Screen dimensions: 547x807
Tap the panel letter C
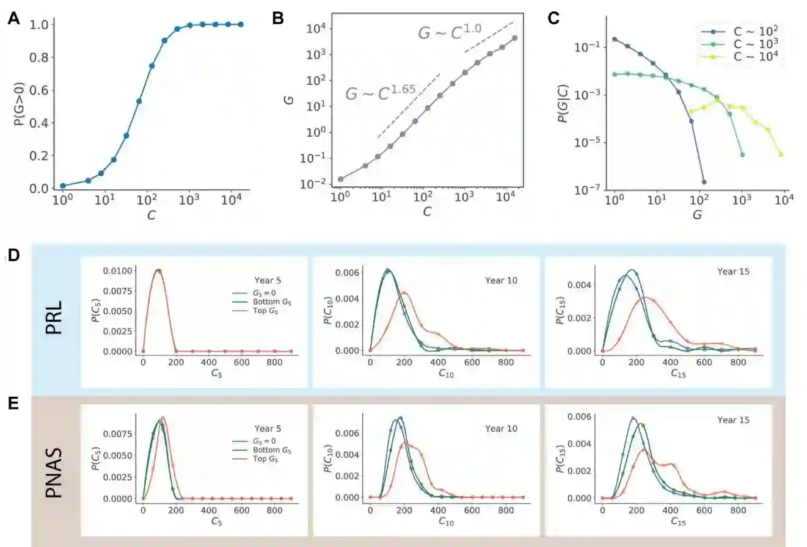(553, 18)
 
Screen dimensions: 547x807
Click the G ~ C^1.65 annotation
(381, 93)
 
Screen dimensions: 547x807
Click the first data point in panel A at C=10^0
(63, 186)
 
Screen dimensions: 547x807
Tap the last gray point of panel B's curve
(515, 38)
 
